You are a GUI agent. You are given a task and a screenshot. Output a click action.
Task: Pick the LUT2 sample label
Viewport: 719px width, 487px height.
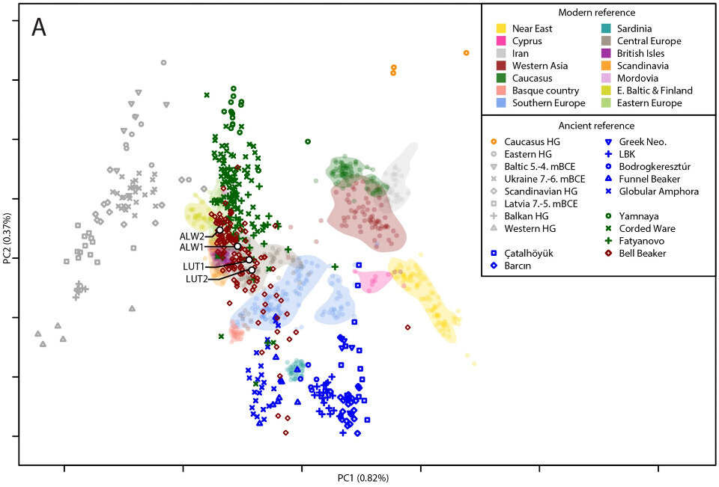(198, 279)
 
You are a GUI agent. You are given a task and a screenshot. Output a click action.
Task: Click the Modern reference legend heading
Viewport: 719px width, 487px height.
(598, 13)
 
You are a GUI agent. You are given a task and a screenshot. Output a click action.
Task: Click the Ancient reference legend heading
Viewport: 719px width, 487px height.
(598, 126)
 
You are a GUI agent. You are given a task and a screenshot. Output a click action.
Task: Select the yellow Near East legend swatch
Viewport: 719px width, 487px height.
(495, 28)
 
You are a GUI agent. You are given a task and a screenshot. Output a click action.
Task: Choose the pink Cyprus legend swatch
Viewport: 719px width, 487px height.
(495, 41)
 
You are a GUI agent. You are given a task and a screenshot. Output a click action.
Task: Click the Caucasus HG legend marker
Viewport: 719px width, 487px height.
(493, 141)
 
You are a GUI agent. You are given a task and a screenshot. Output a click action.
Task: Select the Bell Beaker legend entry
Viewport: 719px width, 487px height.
(642, 254)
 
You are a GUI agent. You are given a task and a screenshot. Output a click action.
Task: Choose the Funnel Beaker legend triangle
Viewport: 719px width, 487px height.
(608, 179)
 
